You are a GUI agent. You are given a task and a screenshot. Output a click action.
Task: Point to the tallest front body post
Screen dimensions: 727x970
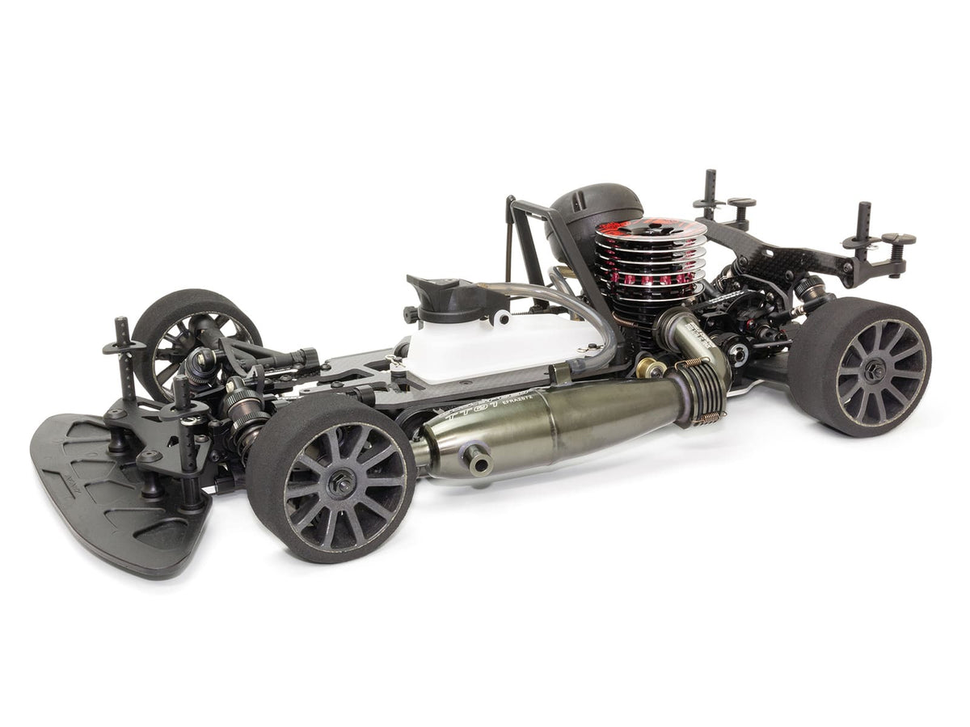coord(124,355)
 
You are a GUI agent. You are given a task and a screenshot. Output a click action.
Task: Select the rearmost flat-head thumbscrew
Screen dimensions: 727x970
coord(897,241)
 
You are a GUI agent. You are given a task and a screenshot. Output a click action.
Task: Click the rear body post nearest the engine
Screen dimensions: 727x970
coord(710,194)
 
